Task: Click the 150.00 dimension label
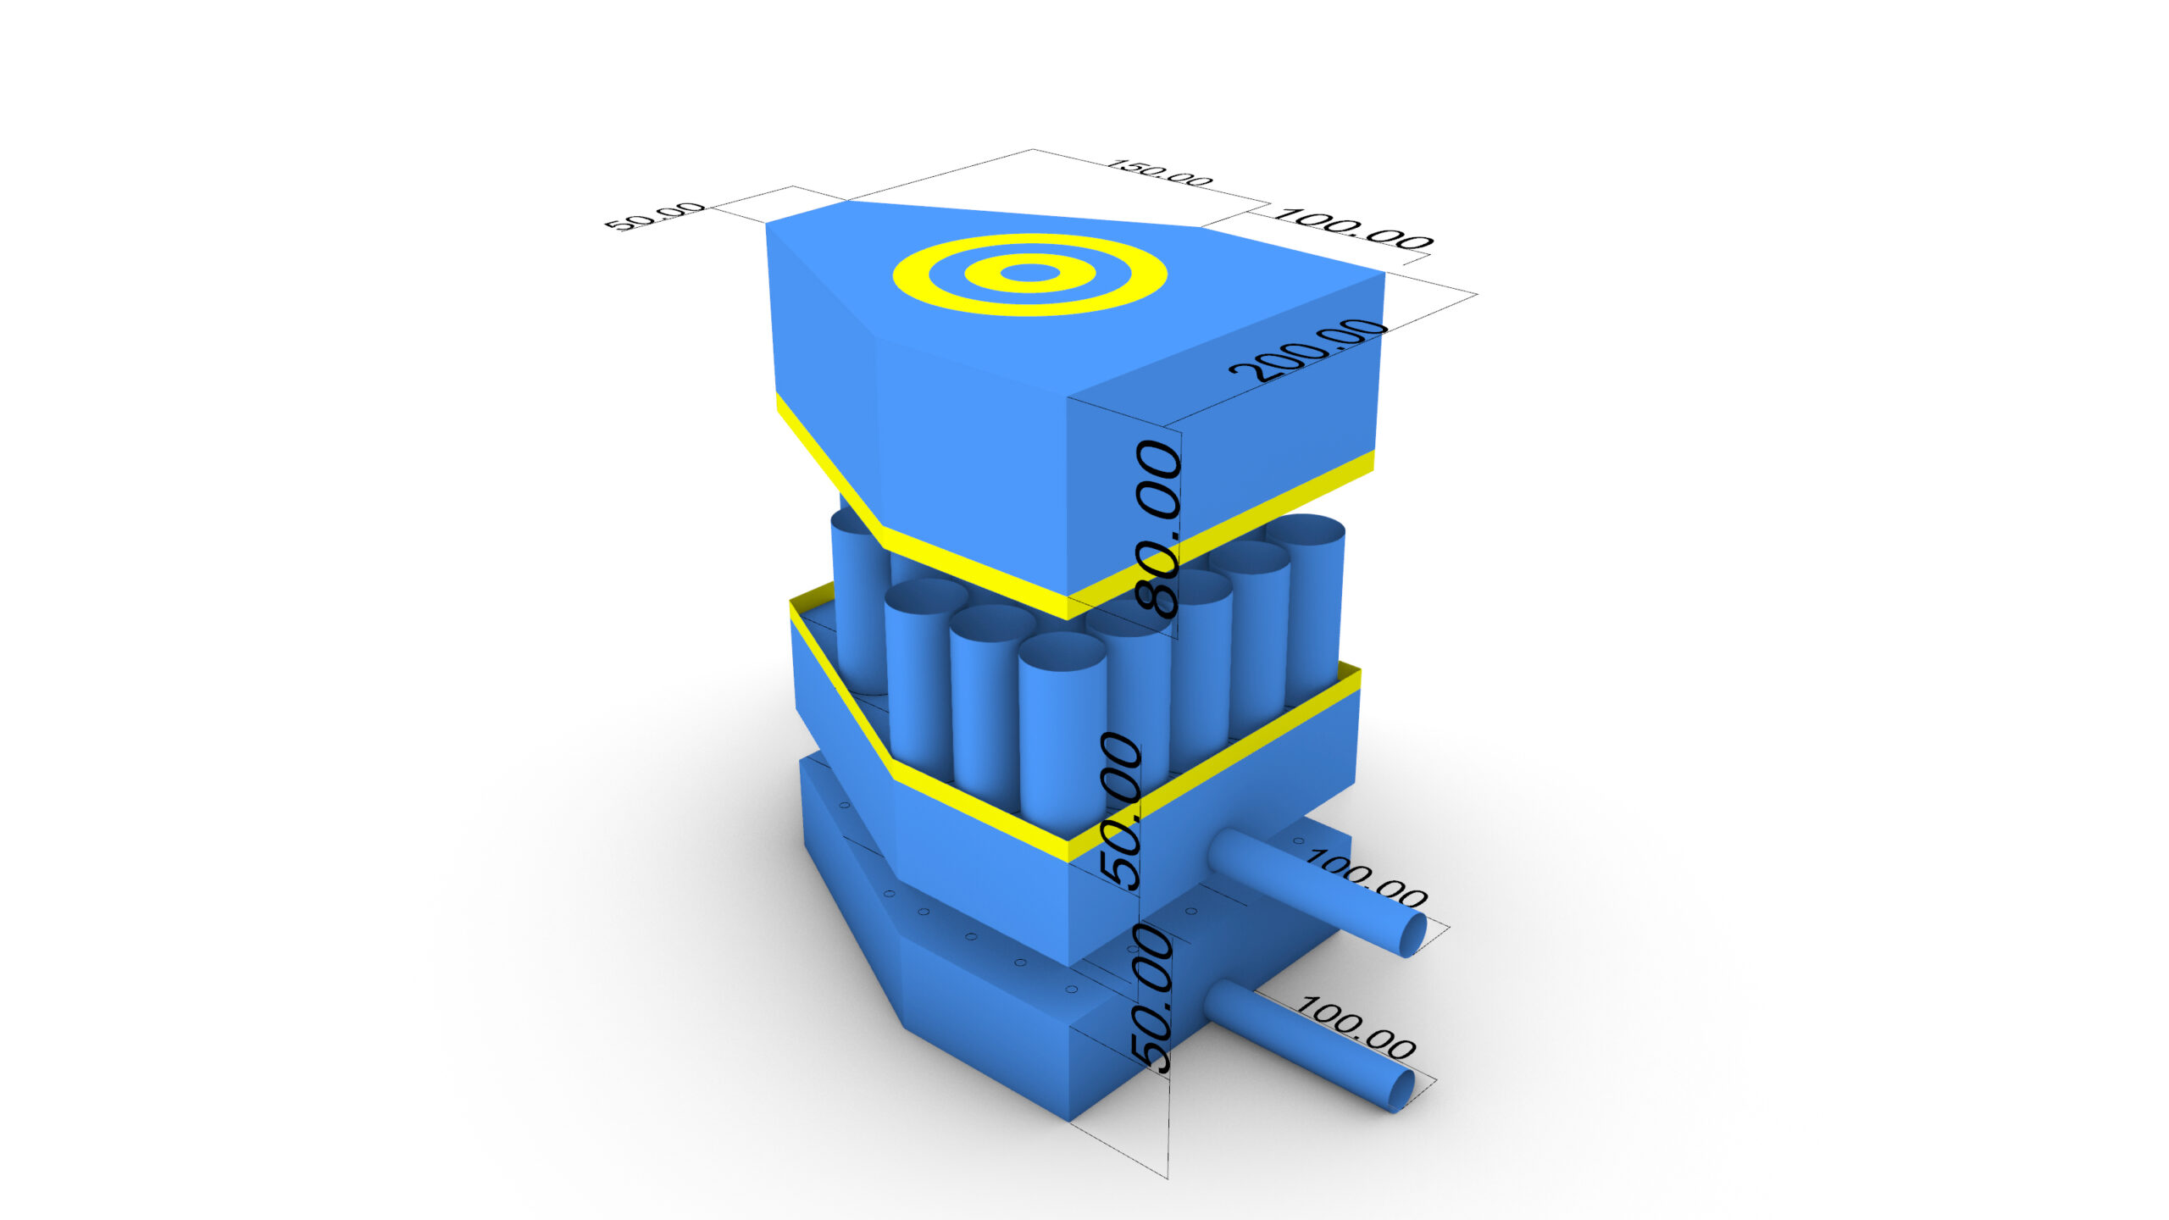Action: click(x=1160, y=173)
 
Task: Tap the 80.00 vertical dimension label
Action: click(x=1158, y=529)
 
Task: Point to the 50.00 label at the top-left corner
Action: click(x=654, y=217)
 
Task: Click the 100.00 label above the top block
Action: click(x=1352, y=229)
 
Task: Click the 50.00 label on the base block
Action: click(x=1151, y=999)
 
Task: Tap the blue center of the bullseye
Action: click(x=1029, y=273)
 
